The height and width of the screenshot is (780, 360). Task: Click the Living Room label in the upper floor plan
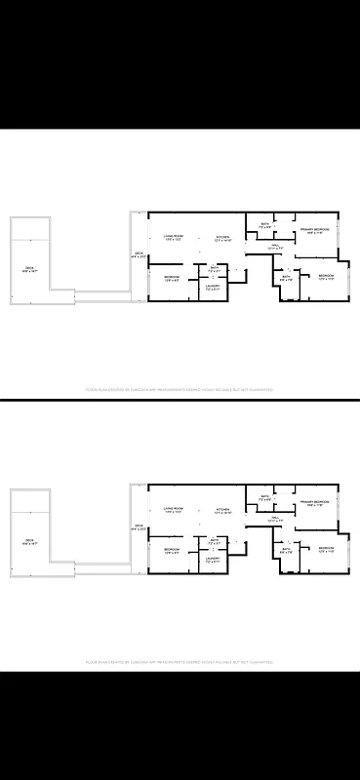175,237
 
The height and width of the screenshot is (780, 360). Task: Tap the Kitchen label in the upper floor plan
222,237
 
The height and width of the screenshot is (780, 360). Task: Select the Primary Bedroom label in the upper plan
313,229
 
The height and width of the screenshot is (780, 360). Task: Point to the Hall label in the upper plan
275,246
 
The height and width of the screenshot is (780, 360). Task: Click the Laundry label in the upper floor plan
213,285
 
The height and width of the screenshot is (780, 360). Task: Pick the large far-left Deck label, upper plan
30,269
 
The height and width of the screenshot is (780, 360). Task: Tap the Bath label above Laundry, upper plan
214,267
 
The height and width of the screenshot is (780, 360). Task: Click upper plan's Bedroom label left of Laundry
172,279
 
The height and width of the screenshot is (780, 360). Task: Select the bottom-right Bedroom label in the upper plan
327,277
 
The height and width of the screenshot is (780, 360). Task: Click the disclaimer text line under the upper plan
180,388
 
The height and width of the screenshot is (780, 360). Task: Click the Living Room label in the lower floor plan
175,509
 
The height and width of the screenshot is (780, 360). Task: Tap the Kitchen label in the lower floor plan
222,509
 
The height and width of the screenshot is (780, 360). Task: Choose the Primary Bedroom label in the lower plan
313,501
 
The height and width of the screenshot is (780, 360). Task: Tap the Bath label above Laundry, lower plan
214,539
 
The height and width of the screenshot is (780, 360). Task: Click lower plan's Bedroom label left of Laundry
172,551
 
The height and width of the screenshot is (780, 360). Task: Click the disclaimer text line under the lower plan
180,660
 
